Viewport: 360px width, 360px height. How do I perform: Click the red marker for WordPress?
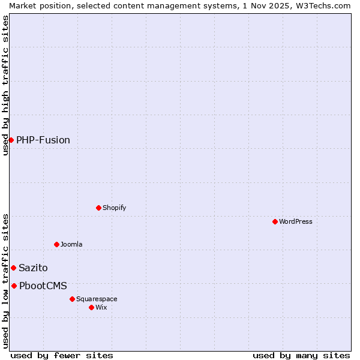(x=275, y=221)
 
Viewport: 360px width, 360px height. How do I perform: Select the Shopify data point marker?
(x=98, y=208)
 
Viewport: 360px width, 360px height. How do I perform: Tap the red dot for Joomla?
(x=56, y=244)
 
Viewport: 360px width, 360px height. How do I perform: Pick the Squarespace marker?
(x=72, y=299)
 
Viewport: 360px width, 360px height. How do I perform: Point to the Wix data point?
(x=91, y=307)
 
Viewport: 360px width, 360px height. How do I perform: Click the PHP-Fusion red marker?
(x=11, y=140)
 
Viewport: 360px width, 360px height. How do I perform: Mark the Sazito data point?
(x=13, y=268)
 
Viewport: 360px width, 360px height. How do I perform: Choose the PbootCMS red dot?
(x=14, y=286)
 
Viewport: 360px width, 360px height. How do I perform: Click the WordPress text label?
(x=296, y=221)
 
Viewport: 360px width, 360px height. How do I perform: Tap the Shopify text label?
(x=114, y=208)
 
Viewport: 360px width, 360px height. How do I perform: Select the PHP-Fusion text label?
(x=43, y=140)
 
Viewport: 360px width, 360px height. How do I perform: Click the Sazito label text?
(x=33, y=268)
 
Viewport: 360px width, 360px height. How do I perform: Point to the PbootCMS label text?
(x=43, y=286)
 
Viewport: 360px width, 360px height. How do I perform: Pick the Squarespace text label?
(x=97, y=299)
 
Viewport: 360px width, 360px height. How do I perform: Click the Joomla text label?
(x=71, y=244)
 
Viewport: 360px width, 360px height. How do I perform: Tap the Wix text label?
(x=101, y=307)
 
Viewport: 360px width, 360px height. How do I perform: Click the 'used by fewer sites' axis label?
(x=62, y=355)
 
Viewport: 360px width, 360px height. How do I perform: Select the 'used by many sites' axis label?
(x=301, y=355)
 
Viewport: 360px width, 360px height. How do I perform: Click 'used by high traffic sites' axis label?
(x=5, y=85)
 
